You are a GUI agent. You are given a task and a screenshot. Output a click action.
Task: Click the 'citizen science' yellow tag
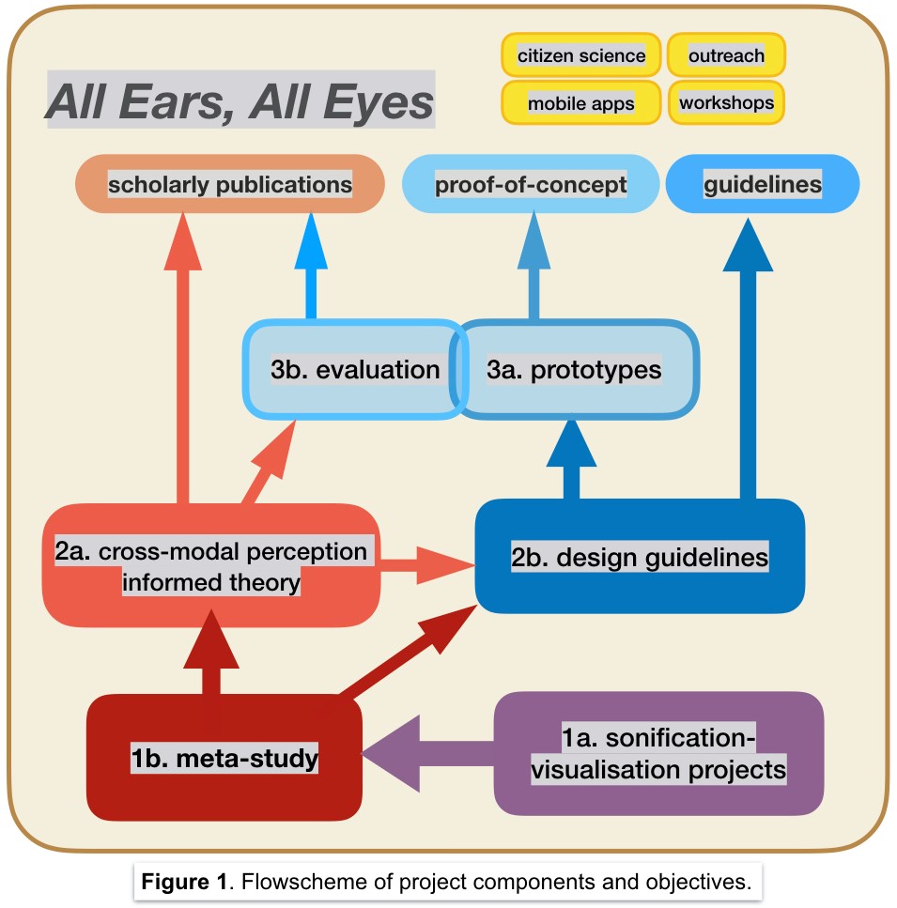(x=581, y=55)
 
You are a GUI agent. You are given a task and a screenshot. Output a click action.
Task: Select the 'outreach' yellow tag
(x=726, y=55)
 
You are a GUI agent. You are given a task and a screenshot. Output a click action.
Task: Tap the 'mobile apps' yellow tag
(x=581, y=102)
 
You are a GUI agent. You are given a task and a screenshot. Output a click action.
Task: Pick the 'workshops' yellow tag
(x=726, y=101)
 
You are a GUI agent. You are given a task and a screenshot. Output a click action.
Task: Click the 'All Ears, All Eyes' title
(x=240, y=102)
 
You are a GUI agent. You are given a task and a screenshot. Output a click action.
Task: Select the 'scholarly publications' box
(x=230, y=184)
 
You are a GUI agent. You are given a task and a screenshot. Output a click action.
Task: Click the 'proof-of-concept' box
(x=531, y=184)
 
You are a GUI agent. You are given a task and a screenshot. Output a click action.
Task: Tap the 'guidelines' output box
(x=762, y=184)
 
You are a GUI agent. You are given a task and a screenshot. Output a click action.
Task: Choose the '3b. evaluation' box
(x=354, y=369)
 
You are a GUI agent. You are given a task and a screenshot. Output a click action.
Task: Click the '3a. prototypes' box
(x=574, y=369)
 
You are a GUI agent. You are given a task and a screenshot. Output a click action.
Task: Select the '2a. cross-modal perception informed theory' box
(x=211, y=566)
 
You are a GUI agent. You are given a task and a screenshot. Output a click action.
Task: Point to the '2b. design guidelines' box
(x=640, y=556)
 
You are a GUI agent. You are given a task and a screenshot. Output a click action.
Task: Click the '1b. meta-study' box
(x=224, y=757)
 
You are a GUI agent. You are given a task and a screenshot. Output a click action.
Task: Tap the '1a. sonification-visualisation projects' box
(x=658, y=754)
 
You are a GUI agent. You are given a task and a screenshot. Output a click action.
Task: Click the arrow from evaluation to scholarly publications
(x=312, y=272)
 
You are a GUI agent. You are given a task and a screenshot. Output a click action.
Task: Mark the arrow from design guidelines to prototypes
(x=570, y=460)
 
